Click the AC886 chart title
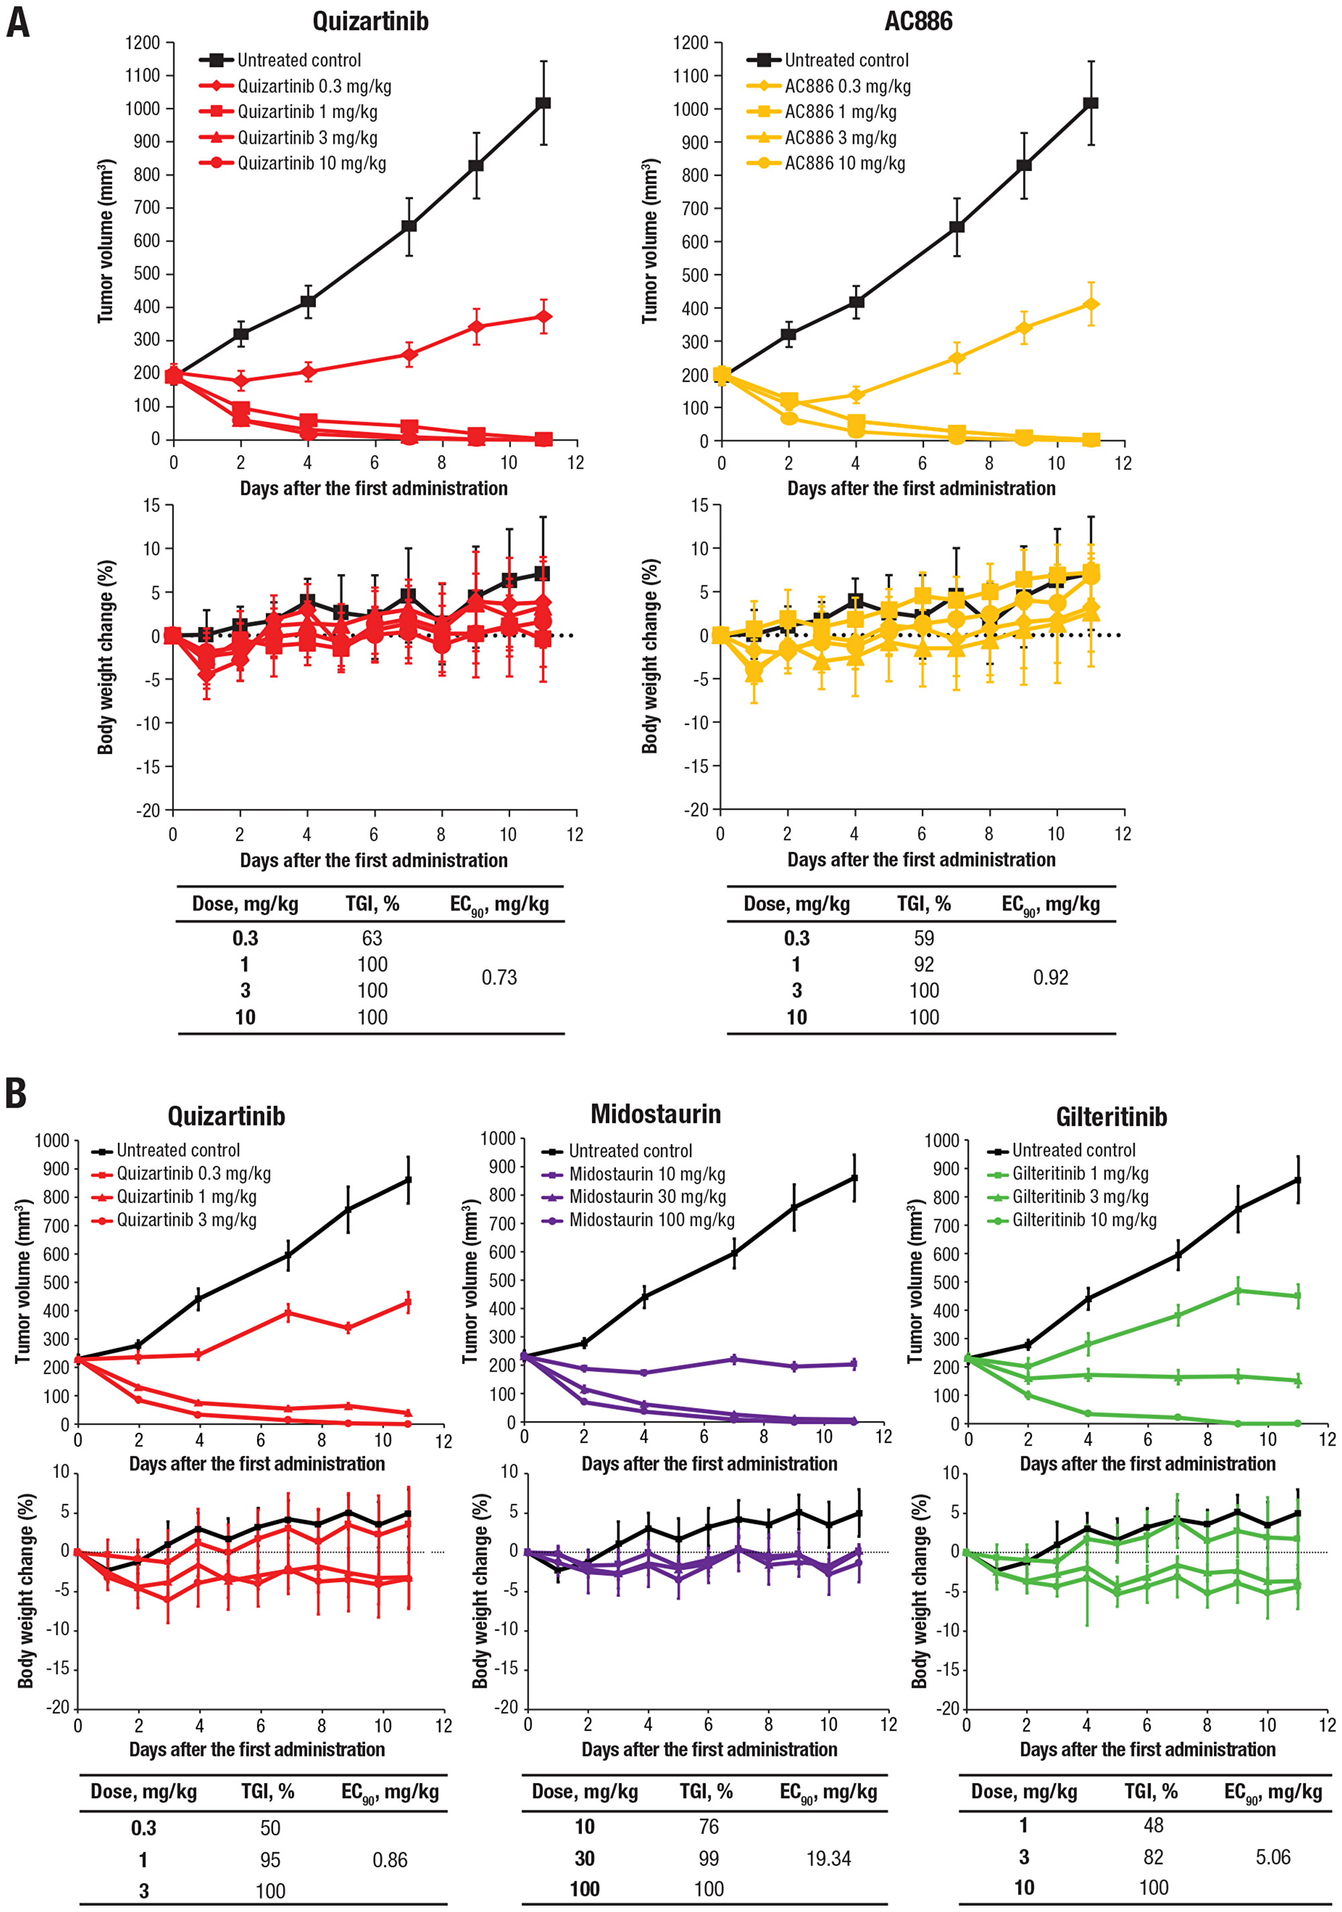coord(917,21)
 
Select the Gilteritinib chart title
coord(1111,1116)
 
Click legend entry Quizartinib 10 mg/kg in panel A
coord(311,163)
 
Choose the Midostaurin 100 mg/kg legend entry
coord(651,1220)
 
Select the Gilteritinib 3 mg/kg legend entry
coord(1080,1196)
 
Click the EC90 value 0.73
coord(499,977)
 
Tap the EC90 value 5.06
coord(1272,1857)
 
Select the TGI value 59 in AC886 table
coord(923,938)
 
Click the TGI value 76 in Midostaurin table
coord(709,1826)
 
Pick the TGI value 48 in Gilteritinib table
coord(1153,1825)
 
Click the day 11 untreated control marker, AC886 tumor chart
coord(1090,103)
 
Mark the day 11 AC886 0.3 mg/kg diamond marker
coord(1090,305)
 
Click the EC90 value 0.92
coord(1050,977)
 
